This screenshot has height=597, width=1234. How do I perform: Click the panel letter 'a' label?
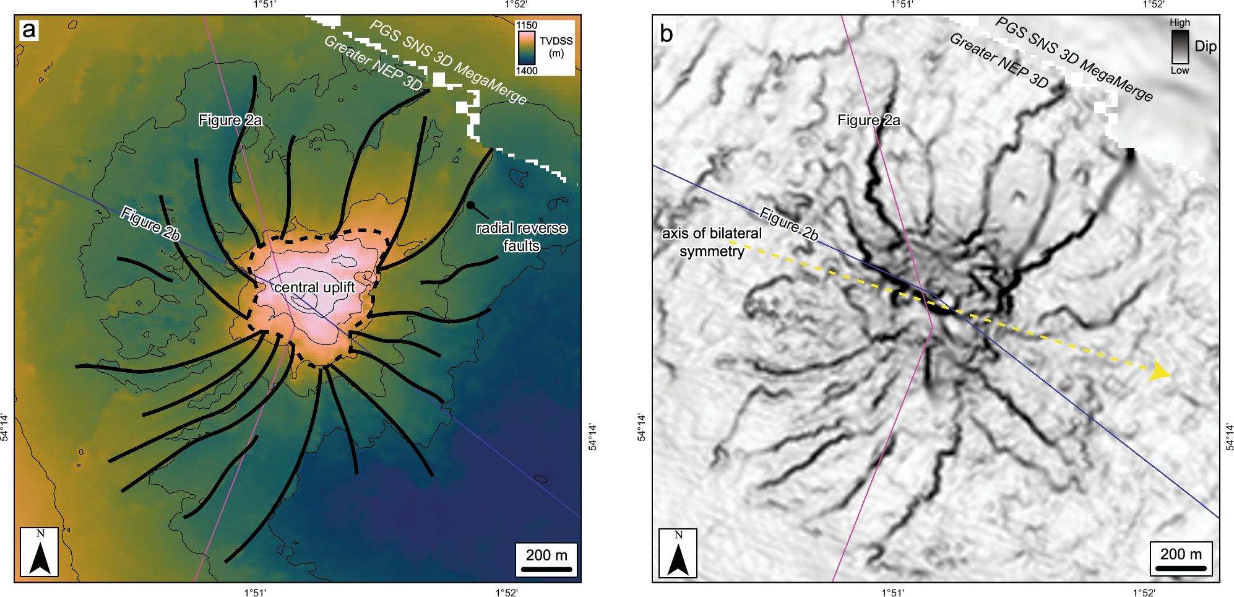(x=28, y=30)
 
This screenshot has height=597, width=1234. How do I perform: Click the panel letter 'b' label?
(x=666, y=33)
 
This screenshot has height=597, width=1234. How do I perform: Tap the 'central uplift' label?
(x=314, y=287)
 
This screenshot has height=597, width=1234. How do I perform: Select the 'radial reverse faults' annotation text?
(x=521, y=237)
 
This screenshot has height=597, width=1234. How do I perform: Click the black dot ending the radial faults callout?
(x=470, y=205)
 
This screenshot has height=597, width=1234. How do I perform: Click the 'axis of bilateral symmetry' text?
(x=712, y=242)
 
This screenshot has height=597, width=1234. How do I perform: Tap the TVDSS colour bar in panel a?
(x=527, y=48)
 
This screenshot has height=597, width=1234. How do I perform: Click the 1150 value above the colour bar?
(x=527, y=25)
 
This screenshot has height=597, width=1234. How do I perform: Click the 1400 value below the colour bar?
(x=527, y=71)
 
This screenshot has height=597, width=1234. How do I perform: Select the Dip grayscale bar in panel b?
(x=1180, y=46)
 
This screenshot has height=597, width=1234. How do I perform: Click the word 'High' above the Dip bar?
(x=1180, y=23)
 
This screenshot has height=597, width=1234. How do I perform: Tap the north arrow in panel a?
(x=40, y=552)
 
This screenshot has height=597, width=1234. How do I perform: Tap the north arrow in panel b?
(x=678, y=553)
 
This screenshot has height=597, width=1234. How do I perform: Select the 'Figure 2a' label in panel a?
(x=230, y=120)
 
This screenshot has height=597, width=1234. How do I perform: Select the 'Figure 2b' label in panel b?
(x=788, y=224)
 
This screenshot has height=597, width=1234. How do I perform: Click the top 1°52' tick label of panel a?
(x=516, y=5)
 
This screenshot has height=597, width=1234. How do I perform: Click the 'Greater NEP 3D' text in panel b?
(x=999, y=61)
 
